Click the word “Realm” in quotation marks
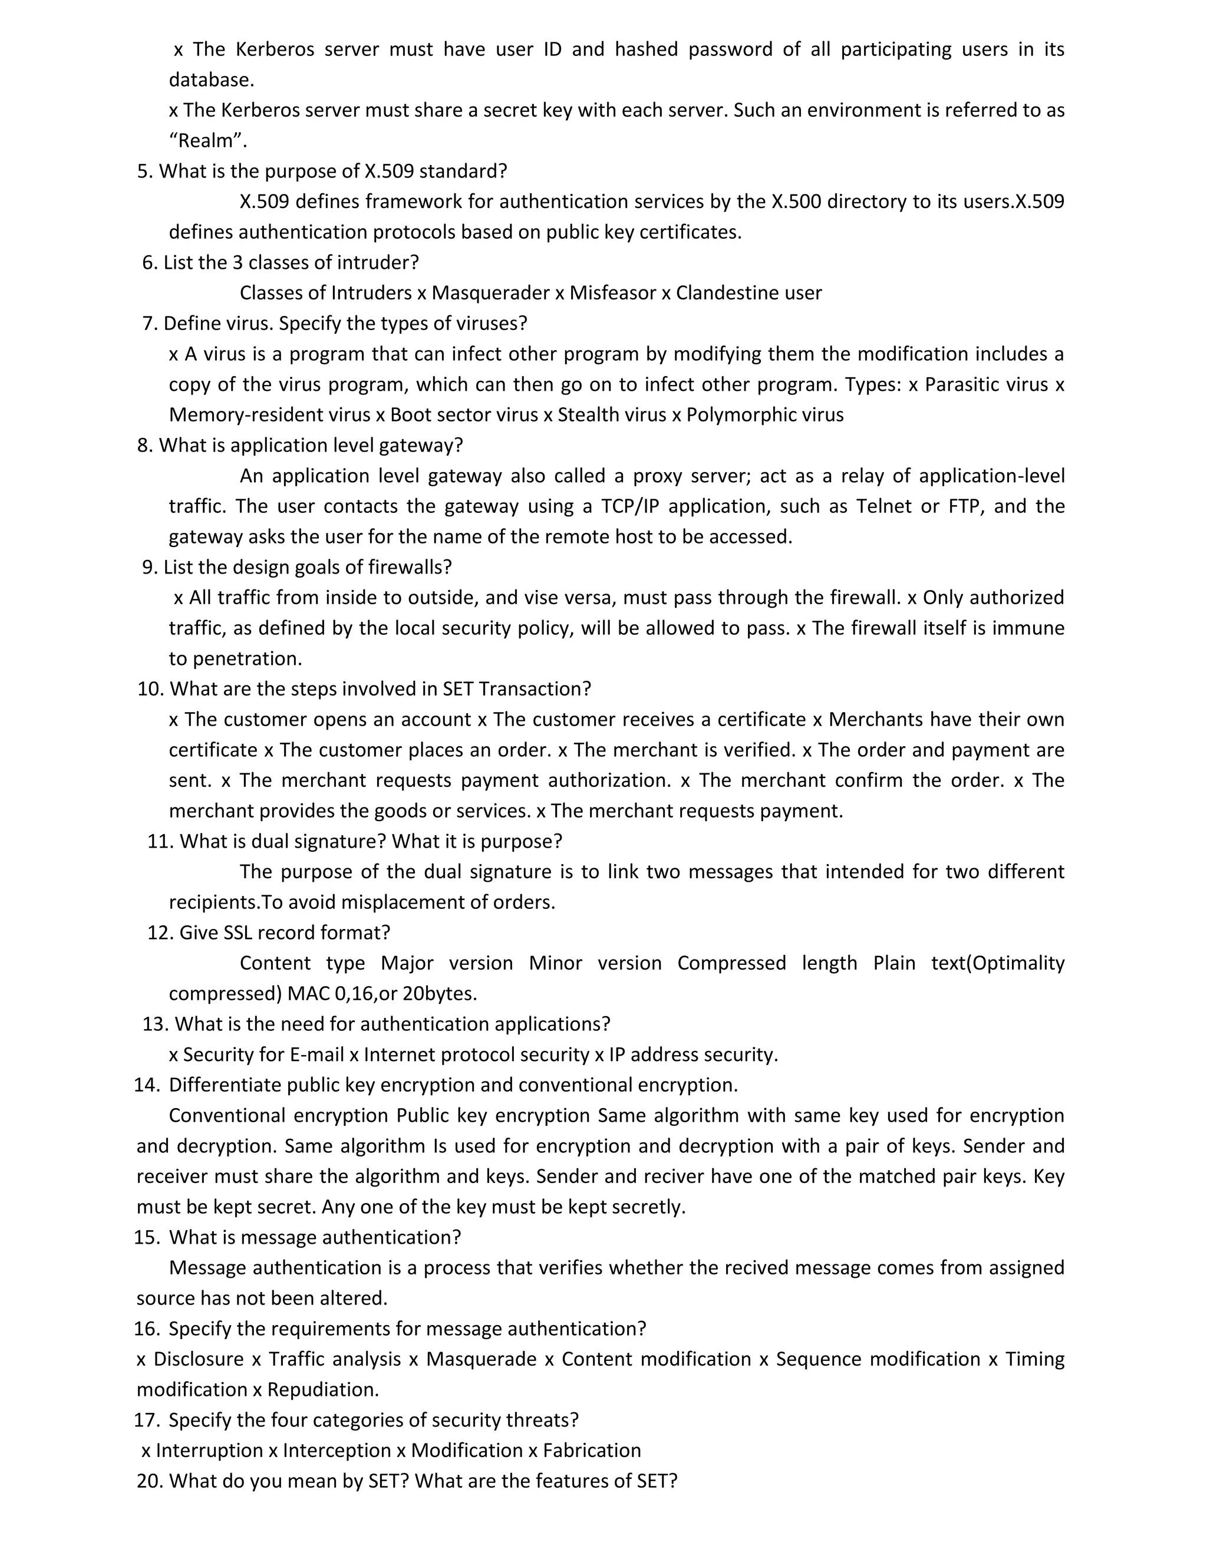[x=207, y=140]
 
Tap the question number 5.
[x=144, y=171]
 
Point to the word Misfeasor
[x=613, y=293]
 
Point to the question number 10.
[x=150, y=688]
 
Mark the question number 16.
[x=146, y=1329]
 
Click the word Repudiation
[x=322, y=1390]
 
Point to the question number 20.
[x=150, y=1481]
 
